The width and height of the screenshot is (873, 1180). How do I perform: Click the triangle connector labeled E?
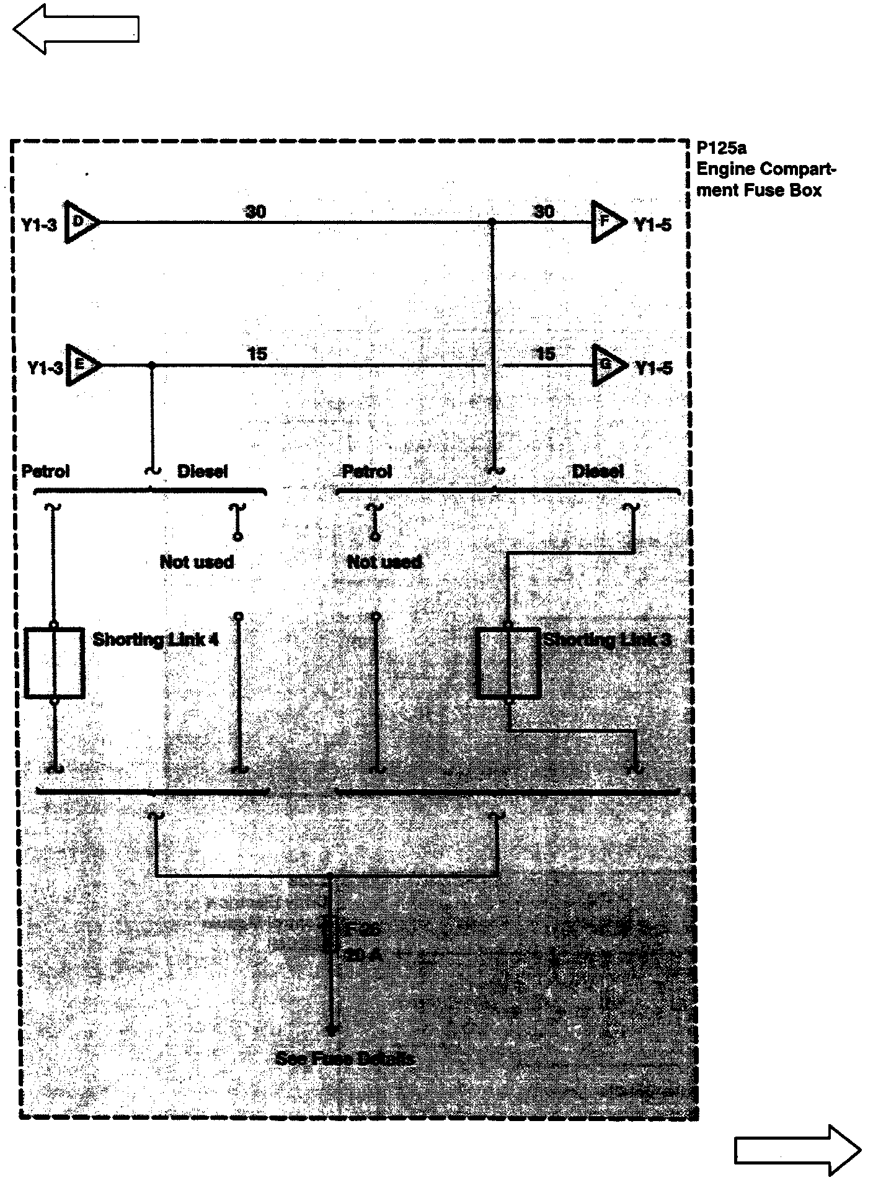click(x=82, y=365)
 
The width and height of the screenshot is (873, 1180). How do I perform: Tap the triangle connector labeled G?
click(x=608, y=365)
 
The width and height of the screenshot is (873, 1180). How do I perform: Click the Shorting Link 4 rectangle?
click(x=55, y=663)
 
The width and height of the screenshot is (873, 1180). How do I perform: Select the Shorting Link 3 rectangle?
click(x=508, y=663)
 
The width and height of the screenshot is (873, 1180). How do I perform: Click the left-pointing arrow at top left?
click(x=75, y=29)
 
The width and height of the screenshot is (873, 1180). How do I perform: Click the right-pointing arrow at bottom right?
click(x=797, y=1150)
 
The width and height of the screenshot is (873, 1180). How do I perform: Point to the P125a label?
click(x=721, y=148)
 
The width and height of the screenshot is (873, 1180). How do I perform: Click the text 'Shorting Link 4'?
click(x=155, y=640)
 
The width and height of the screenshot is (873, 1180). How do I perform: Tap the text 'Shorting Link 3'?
click(x=607, y=640)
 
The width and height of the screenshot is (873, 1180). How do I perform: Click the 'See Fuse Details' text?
click(x=345, y=1058)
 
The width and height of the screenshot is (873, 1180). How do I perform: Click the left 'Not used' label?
click(x=197, y=562)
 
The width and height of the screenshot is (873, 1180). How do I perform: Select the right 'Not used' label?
click(x=384, y=562)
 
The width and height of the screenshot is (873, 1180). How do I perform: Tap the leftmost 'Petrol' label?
click(x=45, y=471)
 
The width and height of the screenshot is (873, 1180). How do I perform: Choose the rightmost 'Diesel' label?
click(x=597, y=471)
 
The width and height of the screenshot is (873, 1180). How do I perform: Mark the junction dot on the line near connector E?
click(x=152, y=365)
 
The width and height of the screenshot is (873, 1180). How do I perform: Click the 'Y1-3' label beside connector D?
click(x=39, y=225)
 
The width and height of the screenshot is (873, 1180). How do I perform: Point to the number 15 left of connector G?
click(x=545, y=354)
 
